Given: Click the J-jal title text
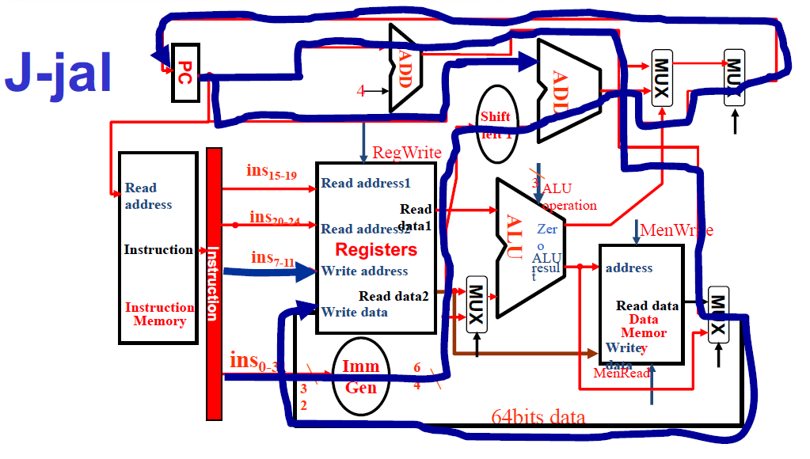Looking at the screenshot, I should pyautogui.click(x=57, y=73).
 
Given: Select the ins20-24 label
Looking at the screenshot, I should pyautogui.click(x=274, y=218).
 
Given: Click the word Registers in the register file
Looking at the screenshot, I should pyautogui.click(x=376, y=250).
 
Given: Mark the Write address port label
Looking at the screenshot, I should pyautogui.click(x=364, y=271).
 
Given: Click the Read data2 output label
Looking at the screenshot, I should pyautogui.click(x=394, y=296).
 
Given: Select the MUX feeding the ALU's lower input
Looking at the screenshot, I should pyautogui.click(x=476, y=305).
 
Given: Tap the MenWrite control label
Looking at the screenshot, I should pyautogui.click(x=676, y=230).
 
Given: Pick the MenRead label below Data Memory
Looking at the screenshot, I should pyautogui.click(x=622, y=372).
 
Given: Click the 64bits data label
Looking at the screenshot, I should pyautogui.click(x=538, y=417).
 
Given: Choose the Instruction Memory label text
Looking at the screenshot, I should pyautogui.click(x=159, y=314).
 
